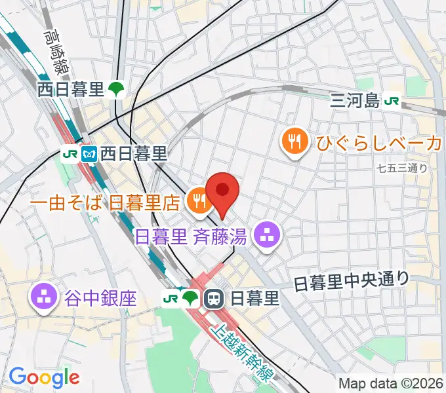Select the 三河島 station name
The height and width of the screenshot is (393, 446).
tap(355, 102)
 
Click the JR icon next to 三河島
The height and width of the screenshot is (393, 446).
tap(393, 102)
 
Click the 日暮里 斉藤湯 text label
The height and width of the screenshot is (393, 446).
tap(192, 236)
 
